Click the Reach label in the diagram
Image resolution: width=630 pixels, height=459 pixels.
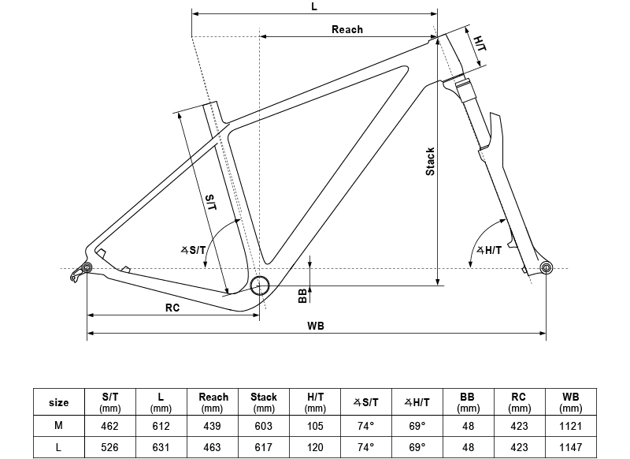pos(346,29)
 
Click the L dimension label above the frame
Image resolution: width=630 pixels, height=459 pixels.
pos(313,6)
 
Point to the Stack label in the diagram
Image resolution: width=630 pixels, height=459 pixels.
pos(430,161)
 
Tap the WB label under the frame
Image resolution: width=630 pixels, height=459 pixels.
pos(316,326)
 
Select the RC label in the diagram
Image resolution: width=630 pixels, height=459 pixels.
pos(172,308)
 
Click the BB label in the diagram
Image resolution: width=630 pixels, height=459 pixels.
pos(302,295)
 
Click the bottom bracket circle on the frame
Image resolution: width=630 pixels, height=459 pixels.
pos(260,285)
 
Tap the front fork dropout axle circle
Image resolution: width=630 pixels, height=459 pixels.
pos(545,269)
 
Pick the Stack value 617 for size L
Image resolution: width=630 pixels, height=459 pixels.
pos(263,447)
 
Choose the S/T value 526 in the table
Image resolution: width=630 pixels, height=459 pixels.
pos(110,447)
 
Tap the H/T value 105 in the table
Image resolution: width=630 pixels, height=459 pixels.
pos(314,426)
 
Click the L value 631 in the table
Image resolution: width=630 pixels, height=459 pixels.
pos(161,447)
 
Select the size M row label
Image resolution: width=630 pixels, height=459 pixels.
pos(58,426)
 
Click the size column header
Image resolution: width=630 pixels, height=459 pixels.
pos(58,402)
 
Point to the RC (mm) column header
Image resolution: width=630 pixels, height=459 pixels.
pos(519,402)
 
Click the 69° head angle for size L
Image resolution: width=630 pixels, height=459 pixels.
pos(417,447)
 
